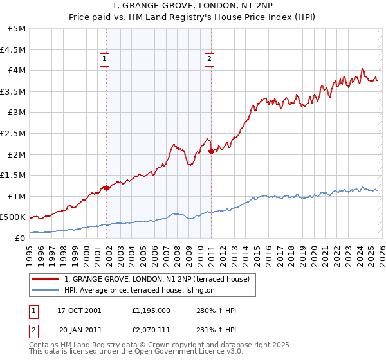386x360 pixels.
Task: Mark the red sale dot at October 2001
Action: [107, 188]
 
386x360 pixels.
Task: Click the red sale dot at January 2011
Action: [212, 151]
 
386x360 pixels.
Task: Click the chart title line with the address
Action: [192, 6]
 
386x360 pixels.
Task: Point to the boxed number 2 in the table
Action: [33, 329]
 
